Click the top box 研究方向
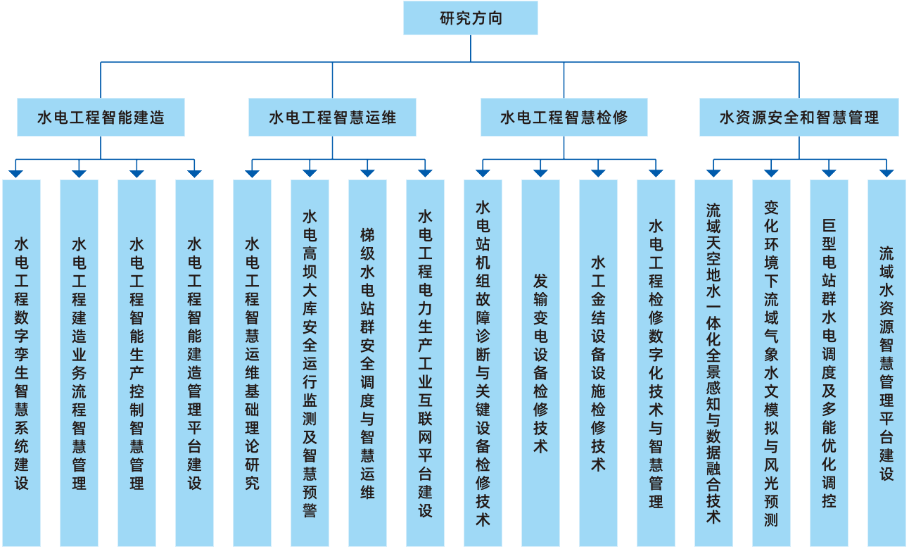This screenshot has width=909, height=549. pyautogui.click(x=470, y=18)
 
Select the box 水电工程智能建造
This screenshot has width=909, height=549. pyautogui.click(x=101, y=117)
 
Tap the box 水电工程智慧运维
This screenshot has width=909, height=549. pyautogui.click(x=332, y=117)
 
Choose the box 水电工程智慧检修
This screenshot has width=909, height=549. pyautogui.click(x=564, y=117)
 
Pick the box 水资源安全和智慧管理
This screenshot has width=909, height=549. pyautogui.click(x=799, y=117)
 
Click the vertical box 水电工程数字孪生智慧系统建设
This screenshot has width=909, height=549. pyautogui.click(x=21, y=363)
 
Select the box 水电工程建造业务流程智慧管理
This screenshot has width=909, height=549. pyautogui.click(x=79, y=363)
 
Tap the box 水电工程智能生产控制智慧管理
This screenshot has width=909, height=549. pyautogui.click(x=136, y=363)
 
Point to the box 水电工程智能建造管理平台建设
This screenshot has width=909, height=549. pyautogui.click(x=194, y=363)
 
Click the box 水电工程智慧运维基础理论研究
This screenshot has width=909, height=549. pyautogui.click(x=252, y=363)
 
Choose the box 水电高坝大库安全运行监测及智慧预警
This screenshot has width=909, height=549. pyautogui.click(x=310, y=363)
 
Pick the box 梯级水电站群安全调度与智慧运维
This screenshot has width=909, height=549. pyautogui.click(x=367, y=363)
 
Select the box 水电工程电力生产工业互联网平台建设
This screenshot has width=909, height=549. pyautogui.click(x=425, y=363)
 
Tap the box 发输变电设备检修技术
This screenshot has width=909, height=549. pyautogui.click(x=540, y=363)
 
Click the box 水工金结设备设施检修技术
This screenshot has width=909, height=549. pyautogui.click(x=598, y=363)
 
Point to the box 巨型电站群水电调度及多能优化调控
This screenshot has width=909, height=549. pyautogui.click(x=829, y=363)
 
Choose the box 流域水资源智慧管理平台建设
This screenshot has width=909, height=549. pyautogui.click(x=886, y=363)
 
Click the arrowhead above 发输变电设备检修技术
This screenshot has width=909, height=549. pyautogui.click(x=540, y=172)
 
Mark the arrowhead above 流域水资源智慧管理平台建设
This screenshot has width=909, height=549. pyautogui.click(x=886, y=172)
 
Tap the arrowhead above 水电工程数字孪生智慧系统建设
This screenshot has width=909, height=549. pyautogui.click(x=15, y=172)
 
